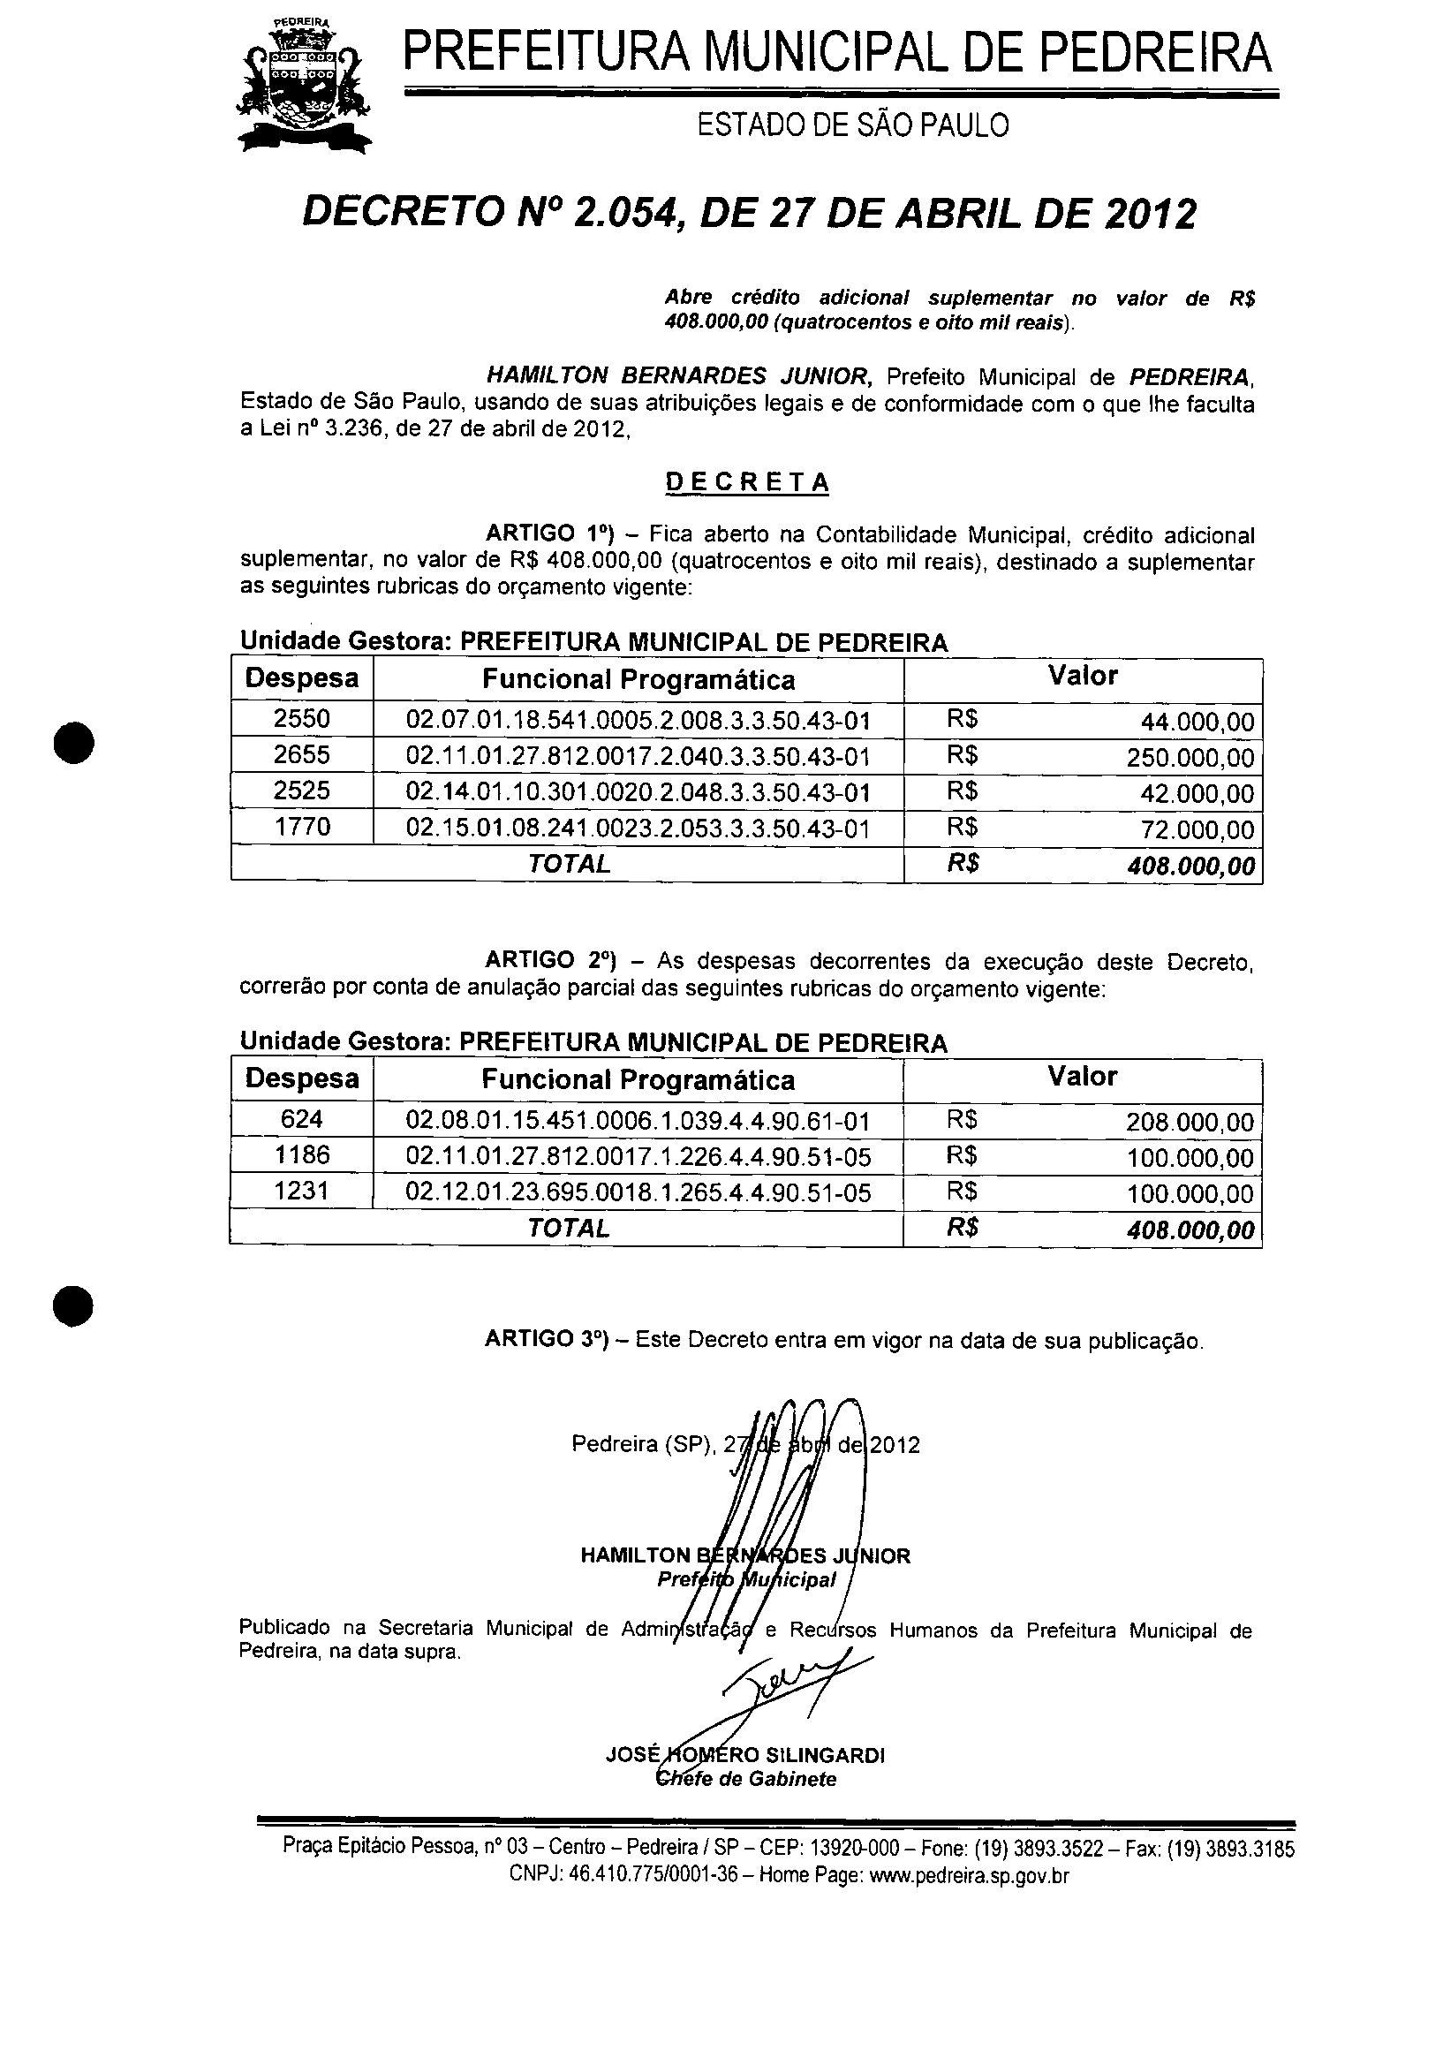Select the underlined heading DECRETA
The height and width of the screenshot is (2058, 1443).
(x=746, y=482)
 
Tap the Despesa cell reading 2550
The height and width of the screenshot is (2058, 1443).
(x=302, y=719)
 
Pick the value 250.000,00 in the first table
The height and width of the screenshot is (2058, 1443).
(x=1190, y=759)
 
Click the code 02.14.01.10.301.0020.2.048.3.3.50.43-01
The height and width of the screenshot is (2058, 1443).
(x=638, y=792)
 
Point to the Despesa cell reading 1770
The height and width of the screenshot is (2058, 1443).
(x=302, y=827)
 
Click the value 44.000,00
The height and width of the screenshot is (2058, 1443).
(x=1197, y=723)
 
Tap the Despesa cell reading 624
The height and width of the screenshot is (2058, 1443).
(x=302, y=1119)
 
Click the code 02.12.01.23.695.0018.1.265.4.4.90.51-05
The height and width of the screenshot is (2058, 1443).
(x=638, y=1193)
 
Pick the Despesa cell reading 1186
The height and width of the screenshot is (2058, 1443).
(x=302, y=1155)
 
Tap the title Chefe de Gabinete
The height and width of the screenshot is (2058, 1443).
(x=746, y=1779)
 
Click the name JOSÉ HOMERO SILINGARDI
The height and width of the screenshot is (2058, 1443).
(x=745, y=1755)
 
